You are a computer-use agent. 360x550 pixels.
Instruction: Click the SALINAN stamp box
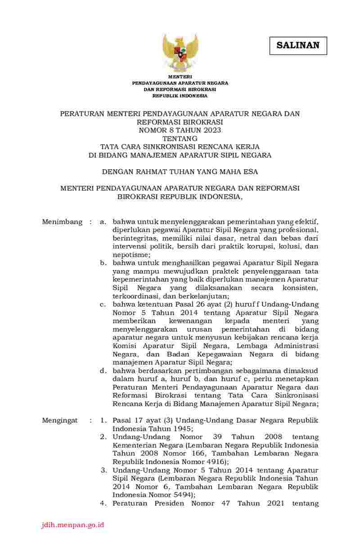pos(298,45)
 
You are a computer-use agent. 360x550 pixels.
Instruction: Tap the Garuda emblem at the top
pos(180,52)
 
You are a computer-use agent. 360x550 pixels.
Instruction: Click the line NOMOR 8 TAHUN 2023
pos(180,130)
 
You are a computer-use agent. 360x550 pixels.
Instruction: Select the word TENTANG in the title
pos(180,138)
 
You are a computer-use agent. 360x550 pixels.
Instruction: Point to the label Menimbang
pos(62,222)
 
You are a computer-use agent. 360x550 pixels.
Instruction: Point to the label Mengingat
pos(60,420)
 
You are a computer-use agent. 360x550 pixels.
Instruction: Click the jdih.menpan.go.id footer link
pos(72,525)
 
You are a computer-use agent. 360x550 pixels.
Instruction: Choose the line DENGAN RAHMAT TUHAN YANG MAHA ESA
pos(180,171)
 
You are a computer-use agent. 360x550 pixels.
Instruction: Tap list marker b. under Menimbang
pos(103,263)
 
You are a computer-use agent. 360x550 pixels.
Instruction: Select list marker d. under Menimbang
pos(103,371)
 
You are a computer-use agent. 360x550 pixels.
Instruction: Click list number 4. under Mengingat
pos(103,503)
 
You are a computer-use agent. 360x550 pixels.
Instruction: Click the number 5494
pos(181,495)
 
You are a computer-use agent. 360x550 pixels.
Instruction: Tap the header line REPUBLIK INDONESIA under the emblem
pos(180,96)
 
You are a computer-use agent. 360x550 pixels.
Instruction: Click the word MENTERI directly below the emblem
pos(180,77)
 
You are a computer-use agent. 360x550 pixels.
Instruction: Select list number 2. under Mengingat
pos(103,437)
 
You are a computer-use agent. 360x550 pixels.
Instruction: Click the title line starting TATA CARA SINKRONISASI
pos(180,147)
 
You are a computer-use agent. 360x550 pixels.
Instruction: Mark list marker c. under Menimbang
pos(103,305)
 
